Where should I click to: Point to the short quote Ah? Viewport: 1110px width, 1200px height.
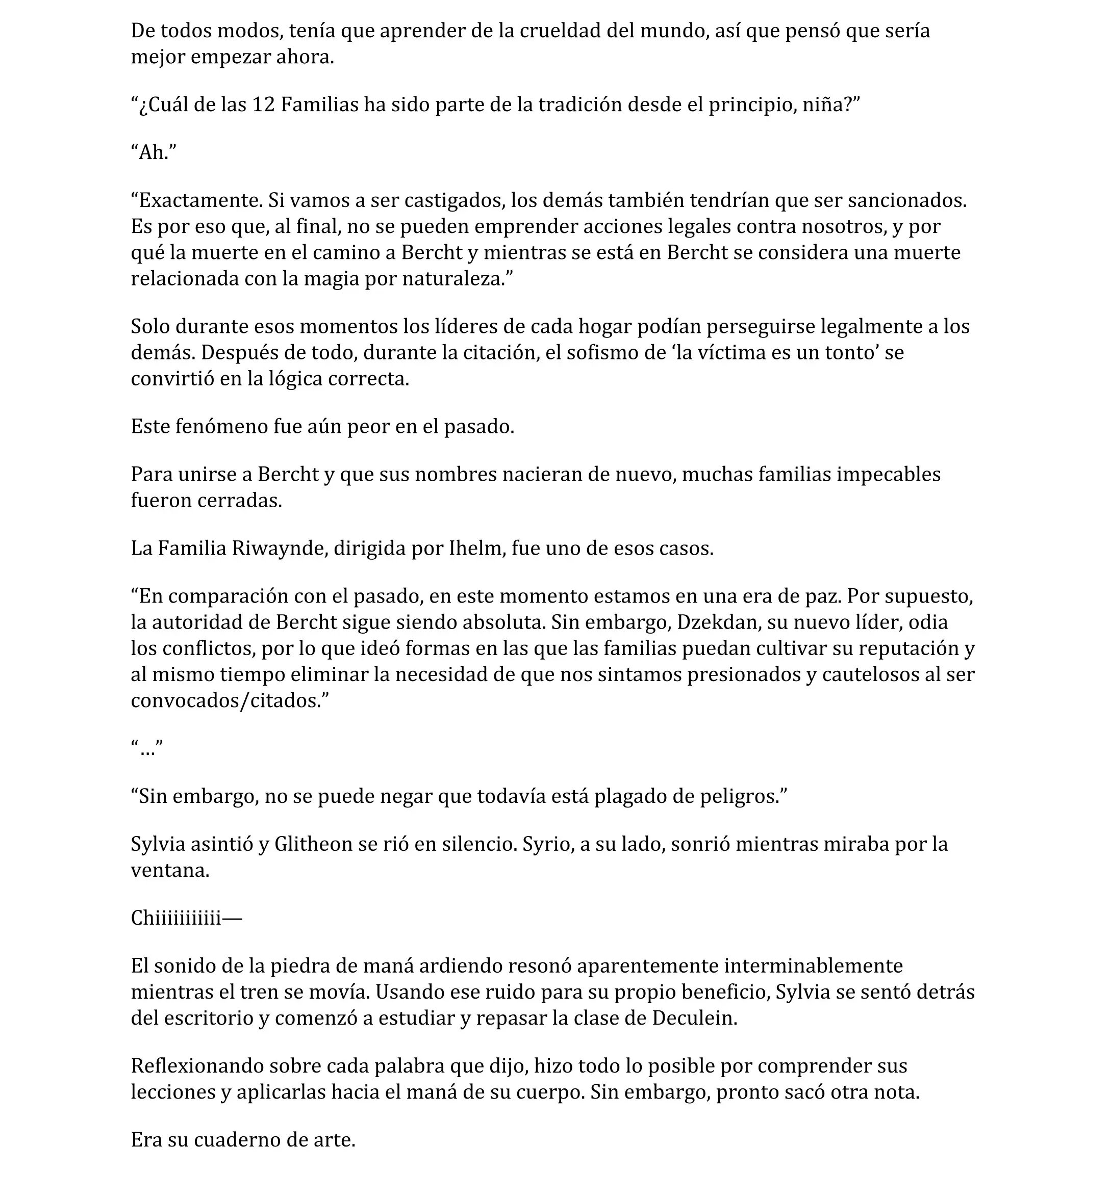(154, 153)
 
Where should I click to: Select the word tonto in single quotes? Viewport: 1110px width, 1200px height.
(844, 352)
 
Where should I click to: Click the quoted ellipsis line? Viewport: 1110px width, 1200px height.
(147, 748)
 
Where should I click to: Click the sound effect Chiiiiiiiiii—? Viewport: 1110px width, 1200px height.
(186, 919)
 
